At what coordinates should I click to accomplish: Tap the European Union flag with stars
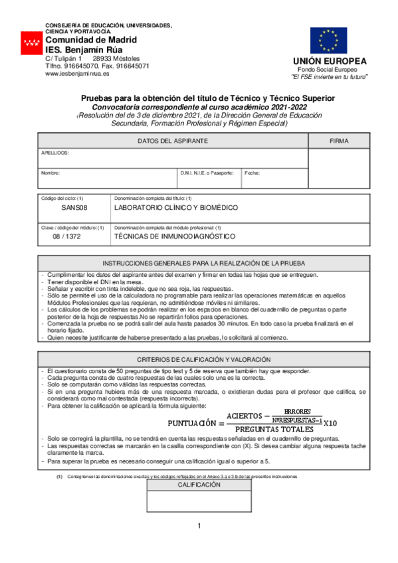[328, 40]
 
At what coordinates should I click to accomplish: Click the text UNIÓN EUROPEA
[330, 61]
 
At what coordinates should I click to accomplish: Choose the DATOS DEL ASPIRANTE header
[173, 141]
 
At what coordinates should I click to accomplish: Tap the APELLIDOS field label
[55, 152]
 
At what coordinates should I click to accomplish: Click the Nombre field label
[50, 173]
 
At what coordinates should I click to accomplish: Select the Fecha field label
[252, 173]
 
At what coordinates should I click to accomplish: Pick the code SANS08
[74, 208]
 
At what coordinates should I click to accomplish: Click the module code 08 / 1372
[74, 236]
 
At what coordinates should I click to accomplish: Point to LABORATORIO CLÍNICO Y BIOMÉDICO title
[176, 208]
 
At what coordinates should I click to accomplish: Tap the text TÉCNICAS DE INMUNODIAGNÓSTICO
[175, 236]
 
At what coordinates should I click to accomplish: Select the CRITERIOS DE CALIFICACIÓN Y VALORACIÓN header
[199, 359]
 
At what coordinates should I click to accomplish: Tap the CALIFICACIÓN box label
[199, 485]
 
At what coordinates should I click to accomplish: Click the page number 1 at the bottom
[199, 526]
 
